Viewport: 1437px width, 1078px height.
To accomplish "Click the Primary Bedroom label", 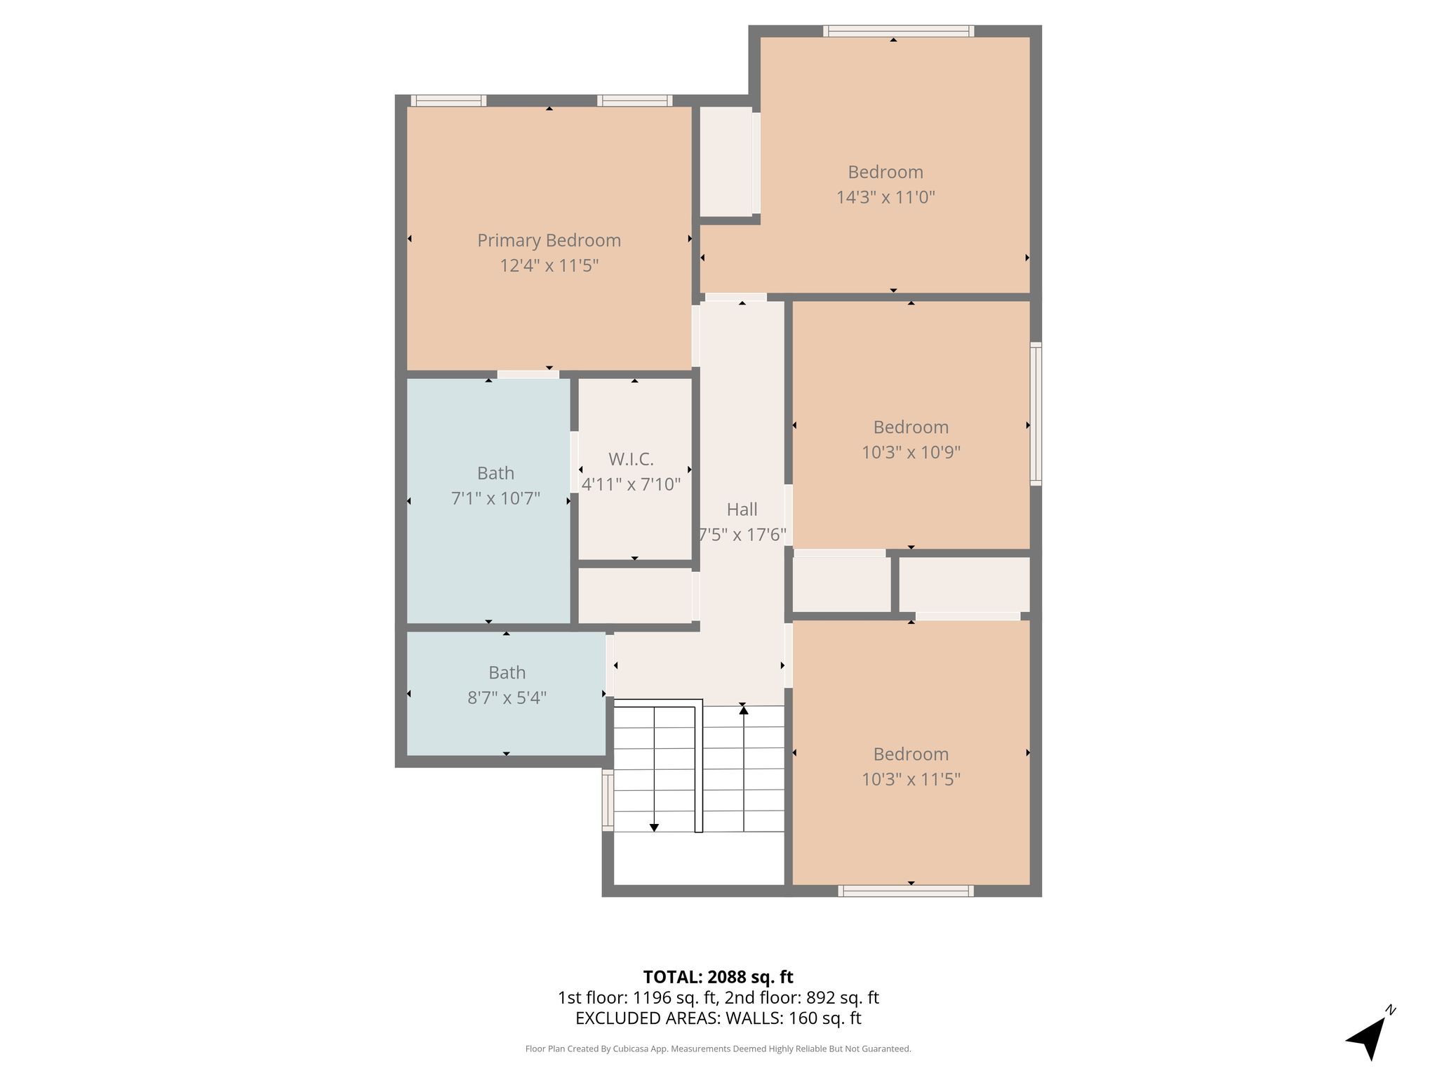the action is [549, 241].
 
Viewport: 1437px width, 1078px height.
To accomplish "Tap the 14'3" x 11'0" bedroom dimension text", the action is [885, 197].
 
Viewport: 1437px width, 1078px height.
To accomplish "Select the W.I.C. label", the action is [631, 459].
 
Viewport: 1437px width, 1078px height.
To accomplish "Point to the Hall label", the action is [742, 509].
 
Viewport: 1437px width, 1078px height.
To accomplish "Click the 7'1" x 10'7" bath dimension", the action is [495, 498].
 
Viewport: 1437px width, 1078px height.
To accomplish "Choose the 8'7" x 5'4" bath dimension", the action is [507, 698].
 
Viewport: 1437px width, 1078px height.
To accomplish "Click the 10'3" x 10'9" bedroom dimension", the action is [911, 452].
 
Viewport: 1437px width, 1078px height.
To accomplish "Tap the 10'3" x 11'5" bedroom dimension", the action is [911, 779].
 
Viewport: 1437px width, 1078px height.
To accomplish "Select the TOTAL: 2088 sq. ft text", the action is [718, 977].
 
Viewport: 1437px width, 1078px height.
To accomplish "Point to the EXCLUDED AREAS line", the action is [718, 1018].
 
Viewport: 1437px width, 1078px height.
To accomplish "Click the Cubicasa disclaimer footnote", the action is [718, 1049].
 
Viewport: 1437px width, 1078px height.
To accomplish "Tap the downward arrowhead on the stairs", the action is [654, 828].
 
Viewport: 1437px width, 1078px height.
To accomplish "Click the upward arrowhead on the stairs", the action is [743, 710].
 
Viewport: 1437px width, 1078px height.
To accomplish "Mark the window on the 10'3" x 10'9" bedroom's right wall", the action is [1036, 413].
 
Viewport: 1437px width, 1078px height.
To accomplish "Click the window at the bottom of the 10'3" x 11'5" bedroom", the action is [906, 891].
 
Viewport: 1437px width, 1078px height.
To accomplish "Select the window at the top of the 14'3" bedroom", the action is [898, 31].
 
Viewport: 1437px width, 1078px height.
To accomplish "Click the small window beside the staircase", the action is [608, 800].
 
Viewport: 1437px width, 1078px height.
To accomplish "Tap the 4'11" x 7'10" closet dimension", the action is [631, 484].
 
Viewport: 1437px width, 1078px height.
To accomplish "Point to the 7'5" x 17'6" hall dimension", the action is [742, 535].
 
